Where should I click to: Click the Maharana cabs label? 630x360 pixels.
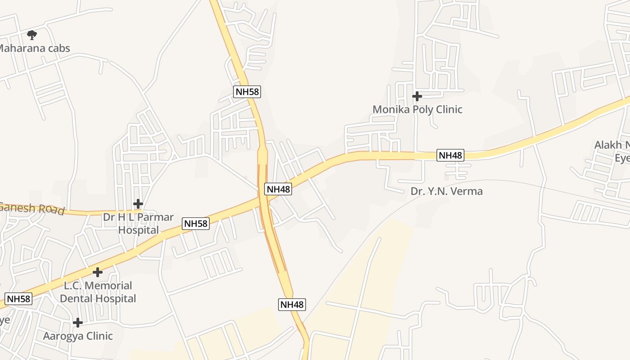click(34, 48)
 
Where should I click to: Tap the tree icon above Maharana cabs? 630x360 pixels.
click(31, 35)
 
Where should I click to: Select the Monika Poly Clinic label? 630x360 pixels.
click(417, 109)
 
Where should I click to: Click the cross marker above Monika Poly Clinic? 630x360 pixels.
click(417, 96)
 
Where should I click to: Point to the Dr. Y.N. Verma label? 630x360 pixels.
click(446, 191)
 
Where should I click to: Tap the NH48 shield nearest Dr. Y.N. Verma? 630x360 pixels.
click(450, 155)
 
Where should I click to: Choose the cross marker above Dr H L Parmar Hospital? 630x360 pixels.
click(138, 204)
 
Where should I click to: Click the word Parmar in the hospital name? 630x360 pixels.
click(155, 217)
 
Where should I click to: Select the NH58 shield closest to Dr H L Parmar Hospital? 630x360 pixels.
click(196, 223)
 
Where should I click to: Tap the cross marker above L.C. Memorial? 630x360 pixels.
click(97, 272)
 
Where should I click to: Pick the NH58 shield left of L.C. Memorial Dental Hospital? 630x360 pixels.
click(18, 298)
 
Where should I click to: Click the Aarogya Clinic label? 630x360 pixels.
click(78, 336)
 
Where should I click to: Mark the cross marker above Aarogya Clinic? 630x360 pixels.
click(78, 323)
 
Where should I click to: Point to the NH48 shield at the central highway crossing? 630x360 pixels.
click(279, 189)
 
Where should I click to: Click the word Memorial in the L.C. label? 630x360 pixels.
click(108, 286)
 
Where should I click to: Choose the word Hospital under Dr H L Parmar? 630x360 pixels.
click(138, 230)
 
